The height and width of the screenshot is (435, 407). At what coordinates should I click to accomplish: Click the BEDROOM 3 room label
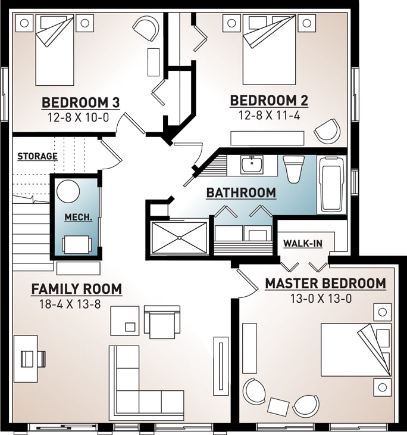click(x=80, y=102)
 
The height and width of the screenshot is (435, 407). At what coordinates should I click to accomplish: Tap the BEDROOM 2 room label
click(x=269, y=101)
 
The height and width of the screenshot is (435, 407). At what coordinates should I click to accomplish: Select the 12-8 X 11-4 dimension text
click(x=269, y=116)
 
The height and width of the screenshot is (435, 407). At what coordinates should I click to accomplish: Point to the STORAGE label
click(x=37, y=157)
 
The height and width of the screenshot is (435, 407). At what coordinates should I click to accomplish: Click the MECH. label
click(x=78, y=218)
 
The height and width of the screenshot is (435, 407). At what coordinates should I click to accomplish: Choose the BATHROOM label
click(x=240, y=193)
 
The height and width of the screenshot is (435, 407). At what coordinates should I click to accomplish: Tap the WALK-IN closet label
click(x=303, y=243)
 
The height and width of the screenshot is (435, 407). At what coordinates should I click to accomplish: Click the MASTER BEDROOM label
click(x=325, y=284)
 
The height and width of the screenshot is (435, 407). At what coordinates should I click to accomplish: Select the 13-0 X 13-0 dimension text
click(x=325, y=299)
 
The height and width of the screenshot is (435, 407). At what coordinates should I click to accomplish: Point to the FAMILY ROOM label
click(x=76, y=290)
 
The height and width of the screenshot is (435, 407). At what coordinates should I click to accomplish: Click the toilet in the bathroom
click(x=293, y=169)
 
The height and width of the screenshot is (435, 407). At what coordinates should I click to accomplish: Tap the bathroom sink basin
click(x=252, y=163)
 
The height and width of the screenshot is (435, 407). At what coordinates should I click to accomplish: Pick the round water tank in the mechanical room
click(x=68, y=191)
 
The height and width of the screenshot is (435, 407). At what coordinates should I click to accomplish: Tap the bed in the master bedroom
click(x=355, y=349)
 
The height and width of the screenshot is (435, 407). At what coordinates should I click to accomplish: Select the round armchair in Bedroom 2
click(x=327, y=130)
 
